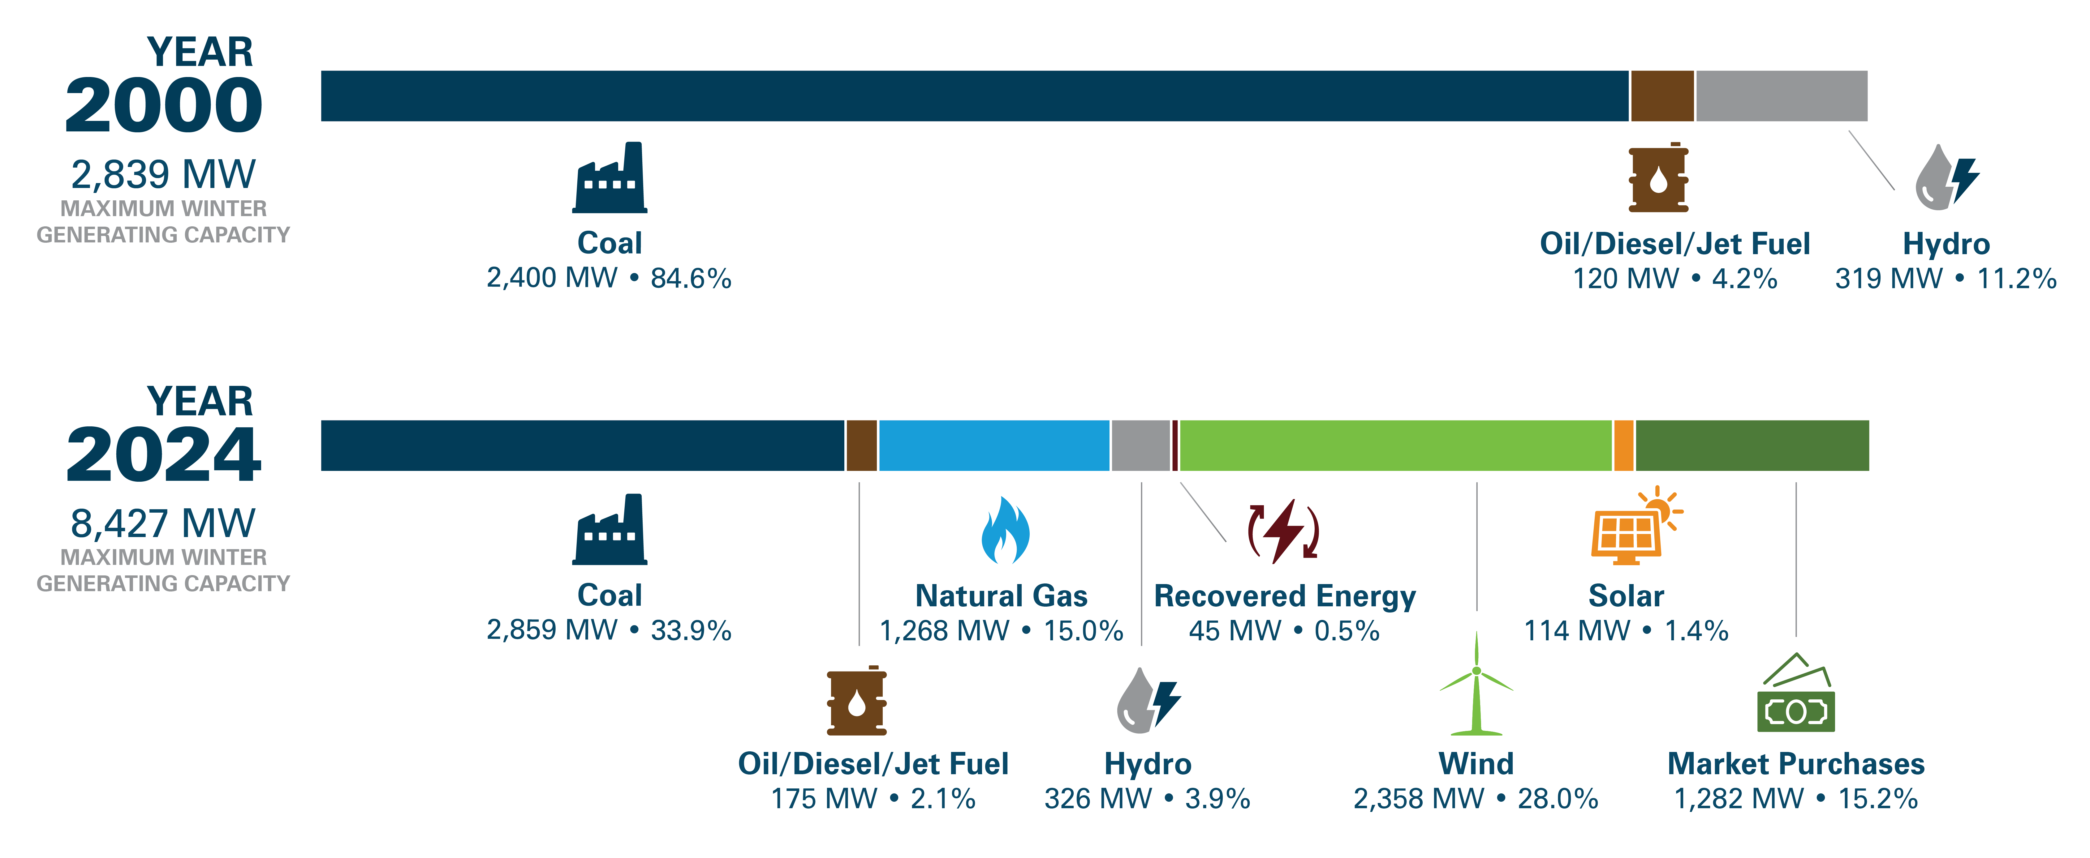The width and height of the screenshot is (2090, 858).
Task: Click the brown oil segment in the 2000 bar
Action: click(1661, 96)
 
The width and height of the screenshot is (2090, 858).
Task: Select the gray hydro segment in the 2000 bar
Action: click(1781, 96)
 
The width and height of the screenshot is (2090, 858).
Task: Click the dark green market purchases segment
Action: click(1752, 445)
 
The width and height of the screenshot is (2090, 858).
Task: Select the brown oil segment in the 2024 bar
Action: click(861, 445)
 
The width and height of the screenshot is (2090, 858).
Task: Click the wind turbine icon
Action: click(1476, 685)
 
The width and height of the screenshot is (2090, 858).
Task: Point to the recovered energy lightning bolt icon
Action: click(1283, 531)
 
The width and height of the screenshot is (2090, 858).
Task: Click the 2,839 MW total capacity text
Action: click(163, 174)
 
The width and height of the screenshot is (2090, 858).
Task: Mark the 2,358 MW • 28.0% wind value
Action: click(1475, 799)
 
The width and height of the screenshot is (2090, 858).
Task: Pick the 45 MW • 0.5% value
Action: click(1283, 631)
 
